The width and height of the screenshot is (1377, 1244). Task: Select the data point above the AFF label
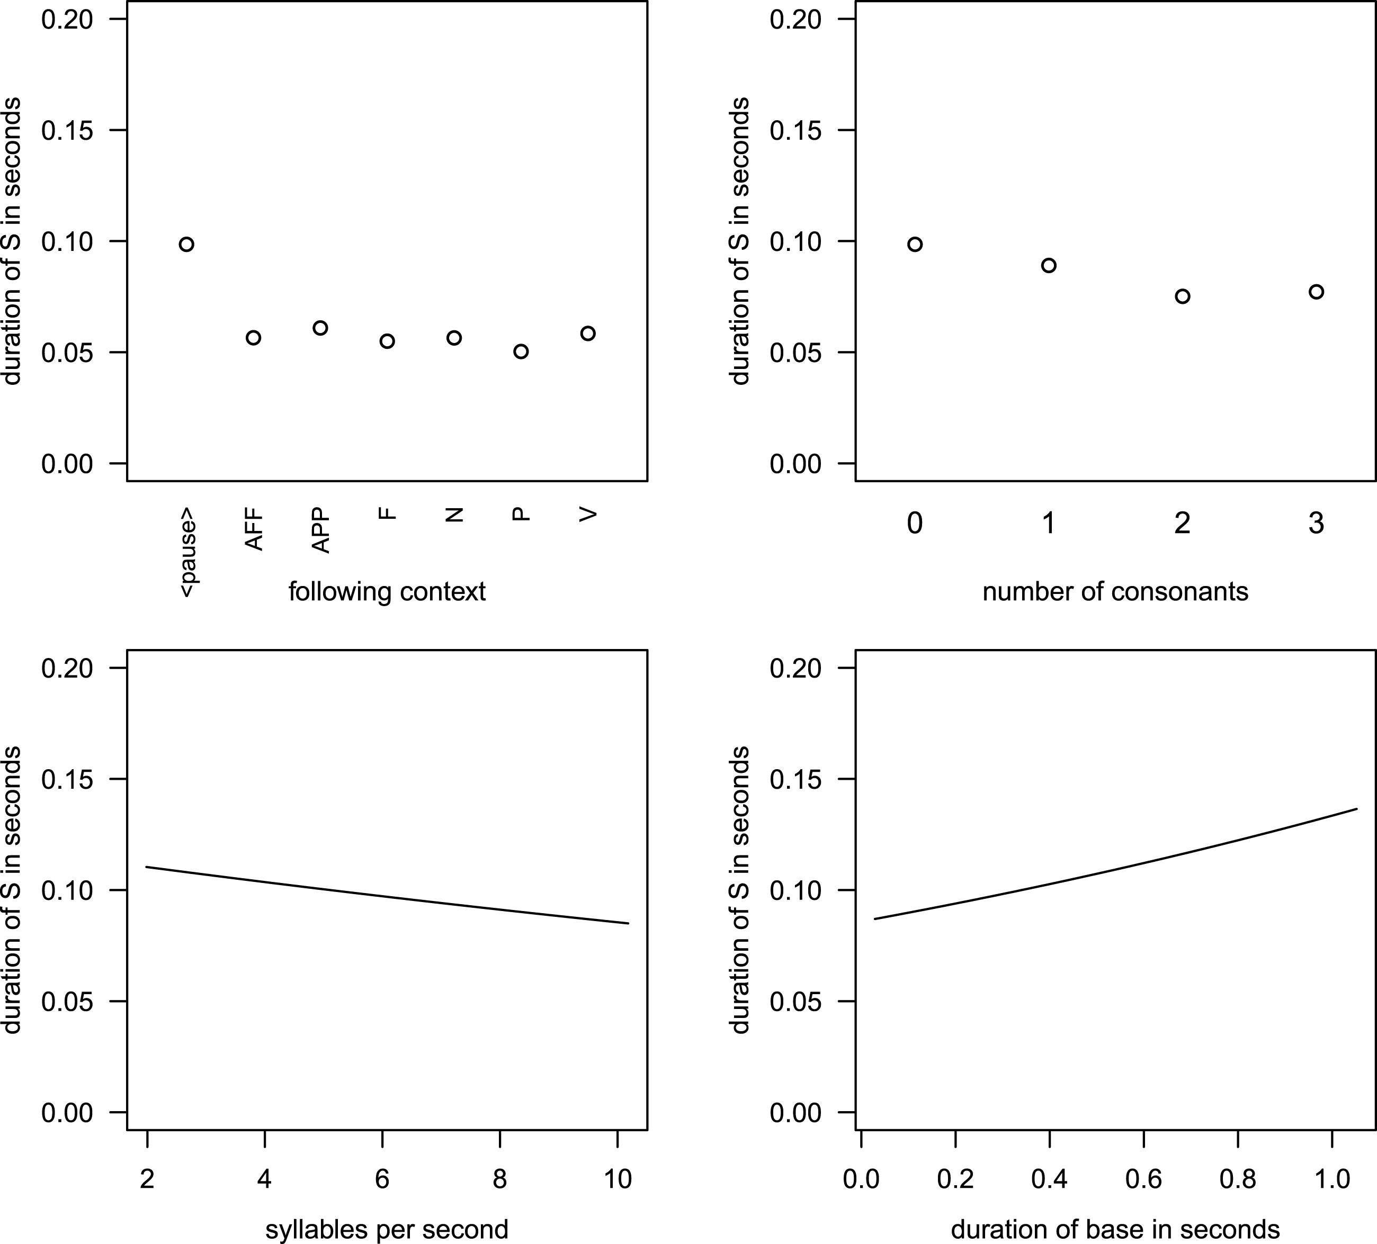pos(253,338)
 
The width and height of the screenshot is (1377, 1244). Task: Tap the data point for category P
pos(521,351)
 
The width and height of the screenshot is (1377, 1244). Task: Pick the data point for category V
pos(588,333)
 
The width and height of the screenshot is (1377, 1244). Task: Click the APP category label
pos(320,530)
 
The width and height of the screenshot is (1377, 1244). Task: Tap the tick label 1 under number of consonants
pos(1049,524)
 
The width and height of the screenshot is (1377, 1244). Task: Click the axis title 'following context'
pos(387,591)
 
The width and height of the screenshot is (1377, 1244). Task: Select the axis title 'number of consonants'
pos(1115,591)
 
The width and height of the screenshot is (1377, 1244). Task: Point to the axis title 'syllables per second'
pos(387,1230)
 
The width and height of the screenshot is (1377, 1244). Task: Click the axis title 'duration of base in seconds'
pos(1115,1230)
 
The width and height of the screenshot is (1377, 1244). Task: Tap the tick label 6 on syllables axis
pos(382,1179)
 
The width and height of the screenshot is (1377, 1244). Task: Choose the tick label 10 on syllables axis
pos(618,1179)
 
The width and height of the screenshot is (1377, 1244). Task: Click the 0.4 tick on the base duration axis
pos(1049,1179)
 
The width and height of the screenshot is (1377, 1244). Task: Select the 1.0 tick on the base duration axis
pos(1332,1179)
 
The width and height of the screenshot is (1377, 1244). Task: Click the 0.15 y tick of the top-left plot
pos(67,130)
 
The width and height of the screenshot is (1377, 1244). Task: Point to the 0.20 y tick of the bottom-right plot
pos(795,668)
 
